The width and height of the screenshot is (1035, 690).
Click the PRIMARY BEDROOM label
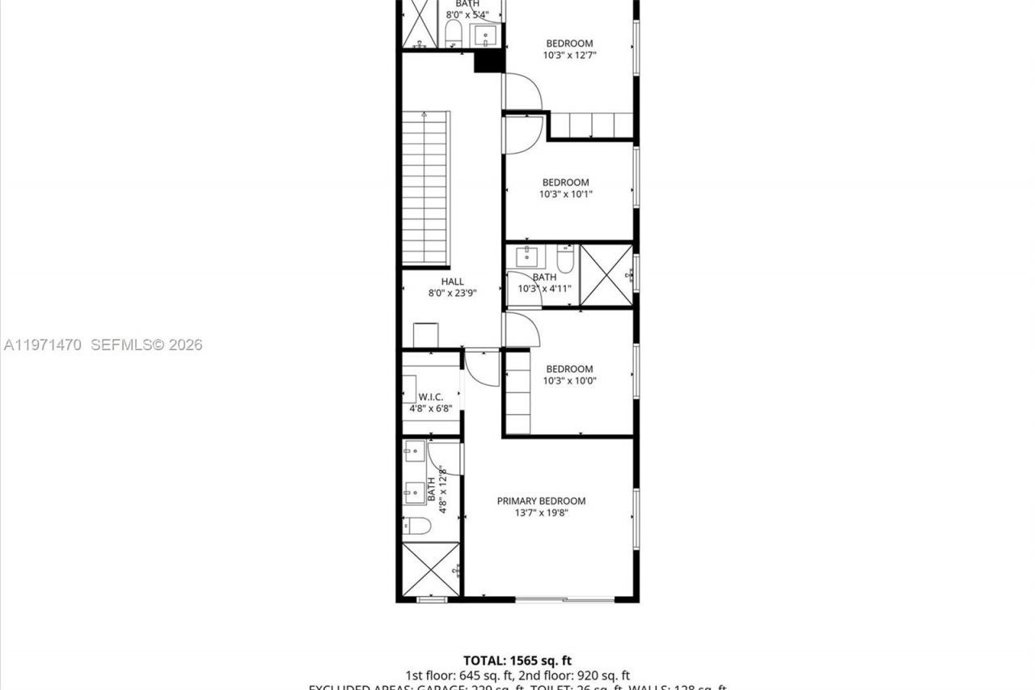pyautogui.click(x=541, y=501)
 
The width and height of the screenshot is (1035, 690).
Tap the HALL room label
pyautogui.click(x=452, y=282)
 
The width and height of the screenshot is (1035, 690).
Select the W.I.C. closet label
pyautogui.click(x=430, y=397)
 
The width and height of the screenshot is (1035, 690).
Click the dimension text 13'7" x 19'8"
pyautogui.click(x=541, y=512)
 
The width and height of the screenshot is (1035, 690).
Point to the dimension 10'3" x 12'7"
pyautogui.click(x=568, y=55)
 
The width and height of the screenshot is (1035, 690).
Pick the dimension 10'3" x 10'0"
pyautogui.click(x=568, y=380)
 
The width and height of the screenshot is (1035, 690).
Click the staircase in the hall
pyautogui.click(x=425, y=188)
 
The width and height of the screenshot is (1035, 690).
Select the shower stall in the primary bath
pyautogui.click(x=431, y=569)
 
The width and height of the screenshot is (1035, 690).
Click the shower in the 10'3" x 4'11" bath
pyautogui.click(x=606, y=275)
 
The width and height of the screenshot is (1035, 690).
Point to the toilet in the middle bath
pyautogui.click(x=565, y=260)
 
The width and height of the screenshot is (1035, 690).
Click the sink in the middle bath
pyautogui.click(x=526, y=256)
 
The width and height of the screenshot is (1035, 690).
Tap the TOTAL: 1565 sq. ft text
pyautogui.click(x=517, y=661)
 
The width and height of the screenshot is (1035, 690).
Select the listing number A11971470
pyautogui.click(x=43, y=345)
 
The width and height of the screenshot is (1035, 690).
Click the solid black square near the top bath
pyautogui.click(x=488, y=61)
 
